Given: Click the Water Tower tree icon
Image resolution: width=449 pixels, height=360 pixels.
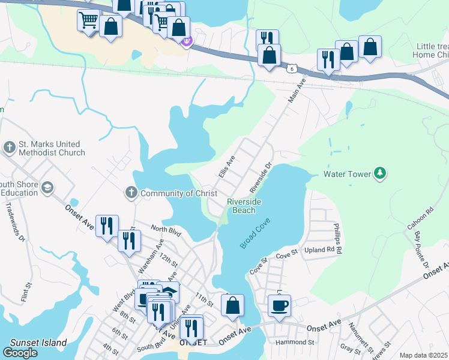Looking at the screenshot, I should [379, 174].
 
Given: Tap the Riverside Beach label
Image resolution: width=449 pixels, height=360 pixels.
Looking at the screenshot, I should [244, 206].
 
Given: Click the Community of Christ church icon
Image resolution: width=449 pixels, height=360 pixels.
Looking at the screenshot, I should [131, 193].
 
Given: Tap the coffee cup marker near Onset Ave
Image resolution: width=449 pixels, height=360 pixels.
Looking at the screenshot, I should [279, 306].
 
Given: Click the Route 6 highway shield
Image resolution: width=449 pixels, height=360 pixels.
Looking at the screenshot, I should [292, 70].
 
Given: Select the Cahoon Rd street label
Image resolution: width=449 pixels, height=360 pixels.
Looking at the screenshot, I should [428, 221].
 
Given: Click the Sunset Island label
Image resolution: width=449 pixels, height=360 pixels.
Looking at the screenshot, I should [38, 343].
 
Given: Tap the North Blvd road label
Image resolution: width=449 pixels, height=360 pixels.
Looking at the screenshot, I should [166, 229].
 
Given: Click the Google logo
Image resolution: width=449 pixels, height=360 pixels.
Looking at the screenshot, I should [20, 353].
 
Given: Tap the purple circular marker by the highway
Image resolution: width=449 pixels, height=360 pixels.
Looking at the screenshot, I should [186, 41].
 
